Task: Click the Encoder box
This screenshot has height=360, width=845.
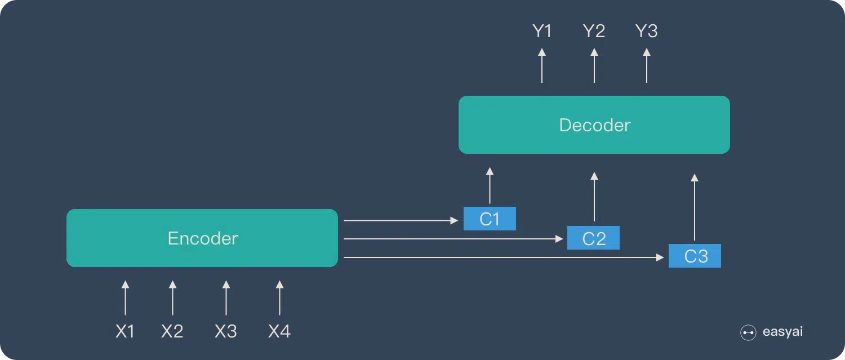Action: pos(202,238)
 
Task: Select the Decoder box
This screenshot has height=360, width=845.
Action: pos(594,125)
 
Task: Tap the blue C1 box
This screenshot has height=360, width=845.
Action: pos(490,219)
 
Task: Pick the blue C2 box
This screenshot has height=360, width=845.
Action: pos(593,238)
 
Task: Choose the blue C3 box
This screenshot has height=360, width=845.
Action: pos(695,256)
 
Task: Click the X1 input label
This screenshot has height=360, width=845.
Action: pos(125,331)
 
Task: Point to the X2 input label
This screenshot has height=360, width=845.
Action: pos(172,331)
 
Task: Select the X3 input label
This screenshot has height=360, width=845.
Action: pos(226,331)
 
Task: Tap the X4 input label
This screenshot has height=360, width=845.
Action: pos(279,331)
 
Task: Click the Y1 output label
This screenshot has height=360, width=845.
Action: pos(542,32)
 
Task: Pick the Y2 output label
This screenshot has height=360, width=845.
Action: pos(594,32)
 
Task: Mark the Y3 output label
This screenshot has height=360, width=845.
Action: pos(646,32)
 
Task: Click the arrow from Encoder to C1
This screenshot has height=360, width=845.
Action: pos(401,220)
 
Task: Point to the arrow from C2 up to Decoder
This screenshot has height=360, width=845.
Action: pos(594,197)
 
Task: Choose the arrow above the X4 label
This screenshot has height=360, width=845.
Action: pos(279,297)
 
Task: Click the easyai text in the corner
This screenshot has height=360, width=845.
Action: pos(782,332)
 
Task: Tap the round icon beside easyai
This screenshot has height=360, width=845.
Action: pos(748,333)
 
